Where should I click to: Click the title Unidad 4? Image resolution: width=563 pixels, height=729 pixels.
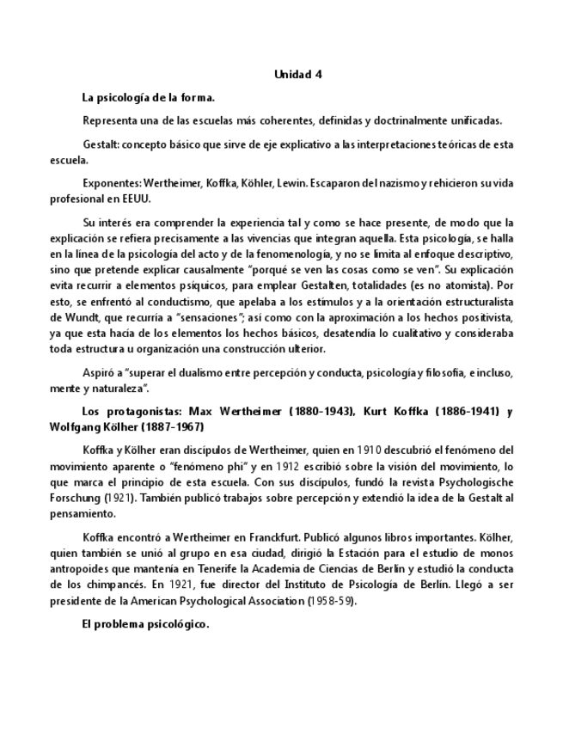coord(297,75)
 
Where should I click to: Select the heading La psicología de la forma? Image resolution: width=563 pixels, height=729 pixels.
coord(148,97)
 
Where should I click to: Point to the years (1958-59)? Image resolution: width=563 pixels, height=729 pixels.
coord(331,601)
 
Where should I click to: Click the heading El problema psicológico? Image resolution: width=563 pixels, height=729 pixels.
coord(145,624)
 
